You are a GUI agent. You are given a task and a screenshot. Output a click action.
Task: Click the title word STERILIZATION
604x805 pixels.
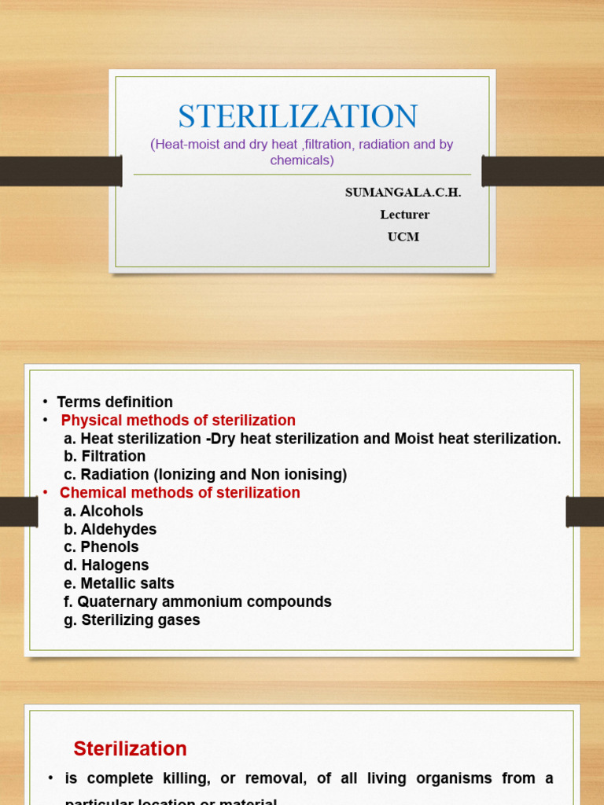coord(297,117)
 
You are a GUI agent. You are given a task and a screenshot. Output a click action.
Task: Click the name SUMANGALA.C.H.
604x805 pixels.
coord(403,193)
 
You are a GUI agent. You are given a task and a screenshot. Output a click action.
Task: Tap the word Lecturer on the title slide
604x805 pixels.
coord(404,215)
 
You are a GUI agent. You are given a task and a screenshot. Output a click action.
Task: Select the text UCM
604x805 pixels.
coord(403,237)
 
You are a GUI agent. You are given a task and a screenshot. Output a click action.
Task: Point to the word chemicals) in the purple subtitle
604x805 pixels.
coord(302,160)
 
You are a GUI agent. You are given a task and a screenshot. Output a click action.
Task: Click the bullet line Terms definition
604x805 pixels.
coord(115,402)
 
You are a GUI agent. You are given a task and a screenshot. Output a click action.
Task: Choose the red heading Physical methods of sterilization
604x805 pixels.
coord(179,421)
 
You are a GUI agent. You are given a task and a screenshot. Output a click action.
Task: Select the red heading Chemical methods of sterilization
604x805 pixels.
coord(180,493)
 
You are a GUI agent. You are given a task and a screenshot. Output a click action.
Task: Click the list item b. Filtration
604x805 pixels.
coord(105,457)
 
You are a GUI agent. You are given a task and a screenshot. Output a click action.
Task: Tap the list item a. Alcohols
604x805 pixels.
coord(104,511)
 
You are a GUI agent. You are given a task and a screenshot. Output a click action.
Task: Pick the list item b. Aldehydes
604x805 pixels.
coord(110,530)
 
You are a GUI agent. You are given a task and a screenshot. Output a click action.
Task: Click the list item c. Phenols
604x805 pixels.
coord(101,547)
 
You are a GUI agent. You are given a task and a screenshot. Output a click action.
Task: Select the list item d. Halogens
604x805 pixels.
coord(106,565)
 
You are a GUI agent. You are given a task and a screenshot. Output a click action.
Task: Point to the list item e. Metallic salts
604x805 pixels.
coord(119,583)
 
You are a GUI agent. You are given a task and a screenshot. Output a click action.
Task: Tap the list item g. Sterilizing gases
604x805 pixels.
coord(132,620)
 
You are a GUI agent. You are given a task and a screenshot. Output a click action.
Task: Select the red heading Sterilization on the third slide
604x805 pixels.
coord(131,748)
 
